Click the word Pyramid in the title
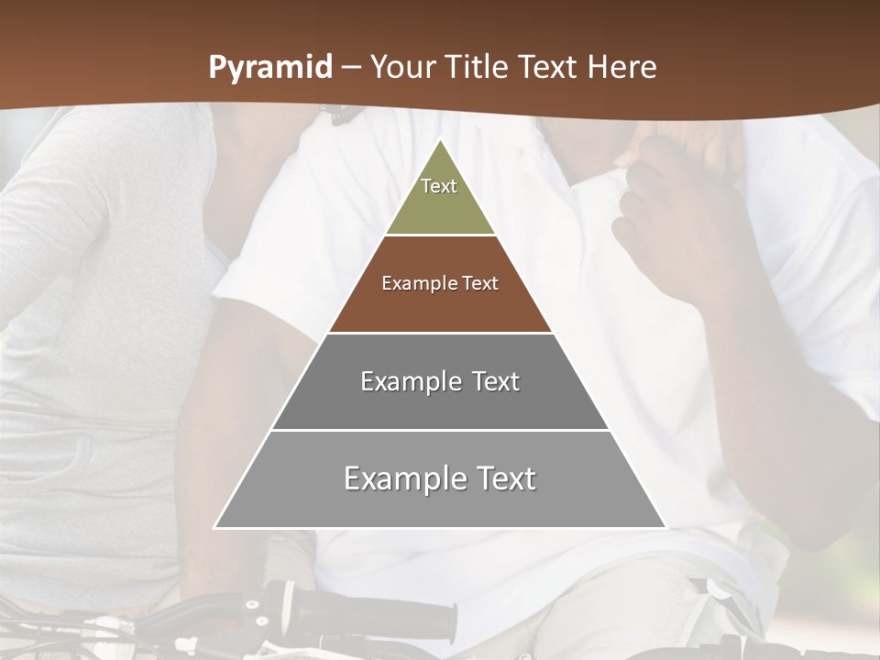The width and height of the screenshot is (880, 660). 269,68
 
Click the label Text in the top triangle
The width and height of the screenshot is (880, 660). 439,186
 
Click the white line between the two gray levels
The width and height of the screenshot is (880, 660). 440,430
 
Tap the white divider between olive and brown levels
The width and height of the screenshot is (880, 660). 440,236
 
